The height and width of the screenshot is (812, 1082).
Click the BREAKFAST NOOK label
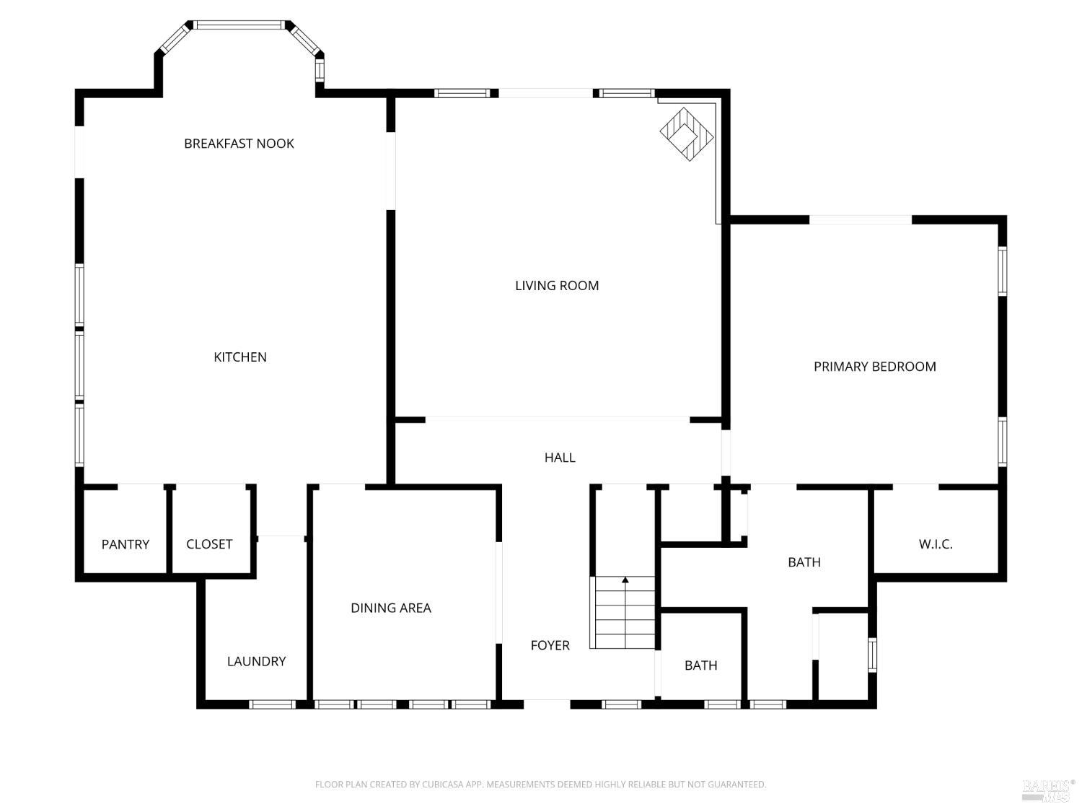pyautogui.click(x=239, y=144)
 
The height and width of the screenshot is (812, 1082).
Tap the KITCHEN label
pyautogui.click(x=240, y=357)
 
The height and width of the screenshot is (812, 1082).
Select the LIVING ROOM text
pyautogui.click(x=557, y=286)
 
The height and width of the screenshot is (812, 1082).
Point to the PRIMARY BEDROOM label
pyautogui.click(x=874, y=367)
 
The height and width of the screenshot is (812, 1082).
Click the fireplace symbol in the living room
pyautogui.click(x=687, y=134)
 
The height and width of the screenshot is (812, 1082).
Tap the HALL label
pyautogui.click(x=560, y=458)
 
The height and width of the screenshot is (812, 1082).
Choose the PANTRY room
pyautogui.click(x=126, y=544)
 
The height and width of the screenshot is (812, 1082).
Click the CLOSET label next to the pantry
pyautogui.click(x=209, y=544)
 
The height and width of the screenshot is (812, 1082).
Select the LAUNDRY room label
pyautogui.click(x=256, y=661)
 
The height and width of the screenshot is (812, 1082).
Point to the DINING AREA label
pyautogui.click(x=391, y=608)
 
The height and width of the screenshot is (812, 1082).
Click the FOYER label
pyautogui.click(x=550, y=646)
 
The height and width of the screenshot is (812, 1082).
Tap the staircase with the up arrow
pyautogui.click(x=624, y=614)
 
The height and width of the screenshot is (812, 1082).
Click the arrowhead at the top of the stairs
pyautogui.click(x=625, y=580)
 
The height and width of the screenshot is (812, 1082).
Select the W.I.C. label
pyautogui.click(x=936, y=544)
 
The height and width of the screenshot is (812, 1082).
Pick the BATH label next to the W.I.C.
pyautogui.click(x=804, y=562)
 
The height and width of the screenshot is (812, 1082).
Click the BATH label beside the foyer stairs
pyautogui.click(x=700, y=665)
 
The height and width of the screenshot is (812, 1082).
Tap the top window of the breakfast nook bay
pyautogui.click(x=239, y=25)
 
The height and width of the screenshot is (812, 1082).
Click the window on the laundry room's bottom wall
pyautogui.click(x=272, y=704)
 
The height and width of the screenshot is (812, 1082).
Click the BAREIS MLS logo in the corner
pyautogui.click(x=1047, y=790)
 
